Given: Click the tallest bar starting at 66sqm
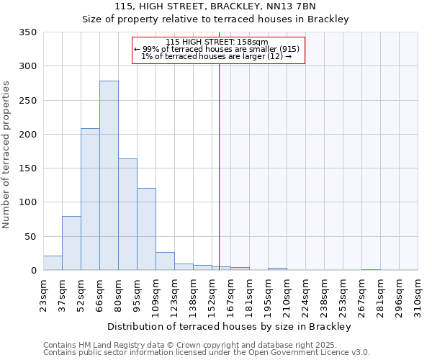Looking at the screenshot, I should pyautogui.click(x=109, y=176).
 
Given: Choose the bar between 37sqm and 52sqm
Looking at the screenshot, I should pyautogui.click(x=71, y=243).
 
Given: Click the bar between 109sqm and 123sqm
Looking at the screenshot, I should pyautogui.click(x=165, y=261).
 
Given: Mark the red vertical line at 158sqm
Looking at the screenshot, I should pyautogui.click(x=219, y=166).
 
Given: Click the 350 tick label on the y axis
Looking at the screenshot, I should pyautogui.click(x=28, y=32).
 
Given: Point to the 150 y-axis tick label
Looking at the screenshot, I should pyautogui.click(x=28, y=168).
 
